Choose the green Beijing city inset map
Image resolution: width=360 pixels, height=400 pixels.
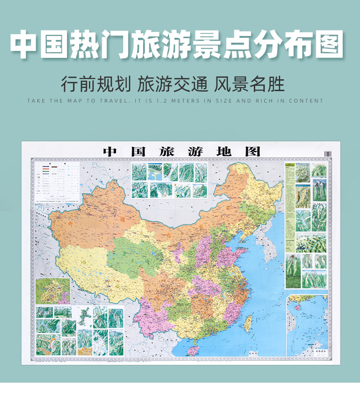53,291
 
